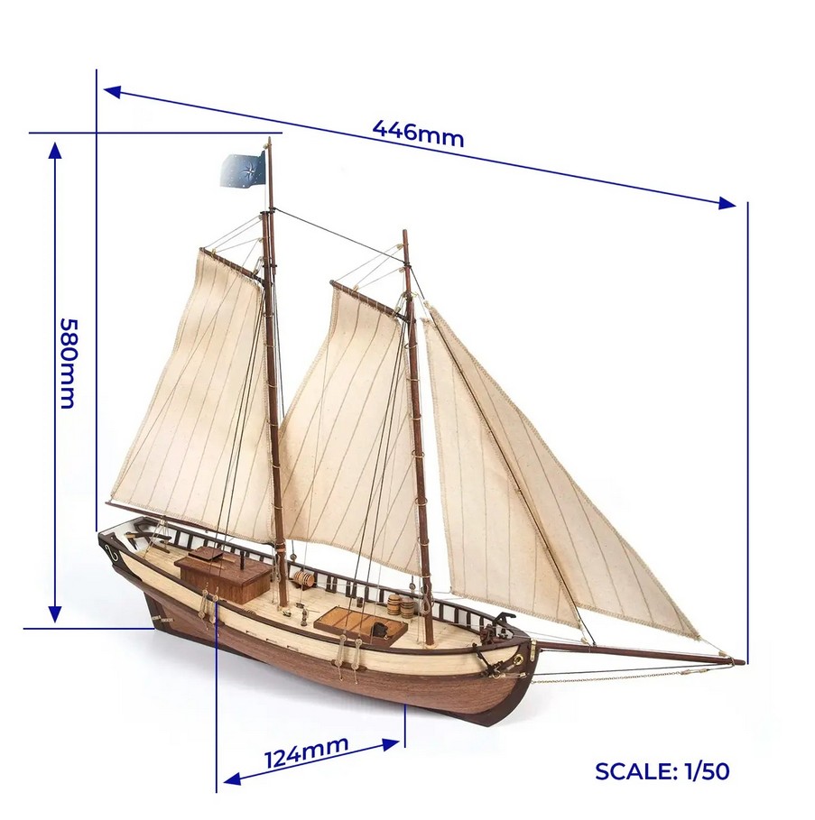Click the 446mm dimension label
click(x=418, y=134)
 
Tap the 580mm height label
click(x=68, y=363)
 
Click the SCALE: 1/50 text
click(x=662, y=771)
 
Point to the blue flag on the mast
click(x=243, y=169)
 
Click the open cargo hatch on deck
click(x=360, y=624)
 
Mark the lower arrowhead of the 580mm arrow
click(x=55, y=614)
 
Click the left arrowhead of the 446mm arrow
click(x=113, y=92)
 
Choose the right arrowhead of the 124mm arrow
click(x=392, y=743)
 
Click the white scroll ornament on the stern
click(x=112, y=552)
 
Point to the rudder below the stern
click(x=157, y=613)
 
